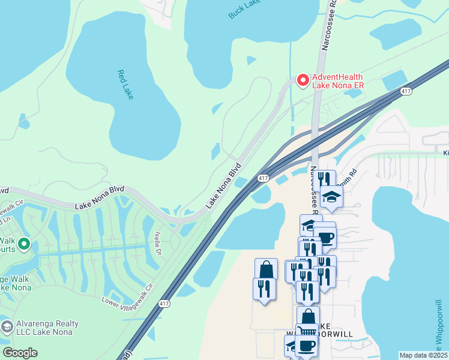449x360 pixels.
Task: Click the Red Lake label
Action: (x=125, y=84)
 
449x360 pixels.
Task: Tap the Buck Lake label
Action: (x=244, y=9)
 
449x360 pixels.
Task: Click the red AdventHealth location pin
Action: (x=303, y=80)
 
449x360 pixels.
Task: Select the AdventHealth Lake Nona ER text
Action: (x=338, y=81)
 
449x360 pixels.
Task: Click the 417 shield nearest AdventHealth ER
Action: (x=406, y=91)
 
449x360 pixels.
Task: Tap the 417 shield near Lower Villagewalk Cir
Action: (x=164, y=304)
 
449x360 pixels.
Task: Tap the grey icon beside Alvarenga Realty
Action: (x=7, y=328)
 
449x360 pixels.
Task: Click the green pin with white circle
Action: (x=24, y=244)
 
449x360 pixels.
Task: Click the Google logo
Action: (x=20, y=353)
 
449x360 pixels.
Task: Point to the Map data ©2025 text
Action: (x=423, y=355)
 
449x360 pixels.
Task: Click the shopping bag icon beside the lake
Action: (x=266, y=269)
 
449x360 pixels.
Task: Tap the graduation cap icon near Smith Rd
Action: (x=331, y=196)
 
